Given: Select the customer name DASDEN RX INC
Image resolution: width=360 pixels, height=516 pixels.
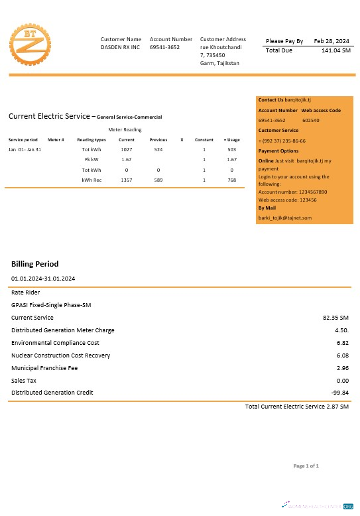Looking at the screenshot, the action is pyautogui.click(x=121, y=48).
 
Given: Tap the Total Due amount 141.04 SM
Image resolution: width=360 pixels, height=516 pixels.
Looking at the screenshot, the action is pyautogui.click(x=335, y=50).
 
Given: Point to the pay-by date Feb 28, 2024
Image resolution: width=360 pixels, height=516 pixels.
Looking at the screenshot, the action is pyautogui.click(x=331, y=41).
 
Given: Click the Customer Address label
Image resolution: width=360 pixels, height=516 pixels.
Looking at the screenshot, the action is pyautogui.click(x=223, y=40).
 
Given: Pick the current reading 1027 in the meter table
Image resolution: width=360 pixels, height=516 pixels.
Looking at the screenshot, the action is pyautogui.click(x=127, y=150).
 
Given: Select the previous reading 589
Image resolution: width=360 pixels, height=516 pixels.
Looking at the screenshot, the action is pyautogui.click(x=158, y=180).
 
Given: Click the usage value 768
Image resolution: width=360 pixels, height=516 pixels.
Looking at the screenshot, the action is pyautogui.click(x=231, y=180).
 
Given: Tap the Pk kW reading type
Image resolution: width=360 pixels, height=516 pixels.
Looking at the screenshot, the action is pyautogui.click(x=91, y=160).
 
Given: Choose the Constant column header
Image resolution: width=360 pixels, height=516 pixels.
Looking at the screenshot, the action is pyautogui.click(x=204, y=140).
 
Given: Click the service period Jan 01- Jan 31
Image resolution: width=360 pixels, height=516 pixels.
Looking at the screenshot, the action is pyautogui.click(x=25, y=150).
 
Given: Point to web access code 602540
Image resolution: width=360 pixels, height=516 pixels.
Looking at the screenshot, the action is pyautogui.click(x=311, y=121).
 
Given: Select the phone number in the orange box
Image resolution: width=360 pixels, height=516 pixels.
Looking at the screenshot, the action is pyautogui.click(x=282, y=141).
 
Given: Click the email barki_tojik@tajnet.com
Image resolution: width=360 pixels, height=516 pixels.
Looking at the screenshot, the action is pyautogui.click(x=285, y=218).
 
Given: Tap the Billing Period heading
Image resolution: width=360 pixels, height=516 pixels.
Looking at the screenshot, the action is pyautogui.click(x=34, y=264).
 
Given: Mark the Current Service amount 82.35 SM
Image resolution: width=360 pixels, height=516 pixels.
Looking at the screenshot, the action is pyautogui.click(x=335, y=318).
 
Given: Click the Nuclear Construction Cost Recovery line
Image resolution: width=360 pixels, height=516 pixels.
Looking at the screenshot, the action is pyautogui.click(x=60, y=355).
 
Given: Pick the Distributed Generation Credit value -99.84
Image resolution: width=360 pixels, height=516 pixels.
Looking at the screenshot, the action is pyautogui.click(x=339, y=393).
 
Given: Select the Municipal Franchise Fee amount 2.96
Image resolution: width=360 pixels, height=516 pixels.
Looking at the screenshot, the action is pyautogui.click(x=342, y=368).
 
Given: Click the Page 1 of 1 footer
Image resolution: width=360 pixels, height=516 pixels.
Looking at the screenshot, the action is pyautogui.click(x=306, y=466).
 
